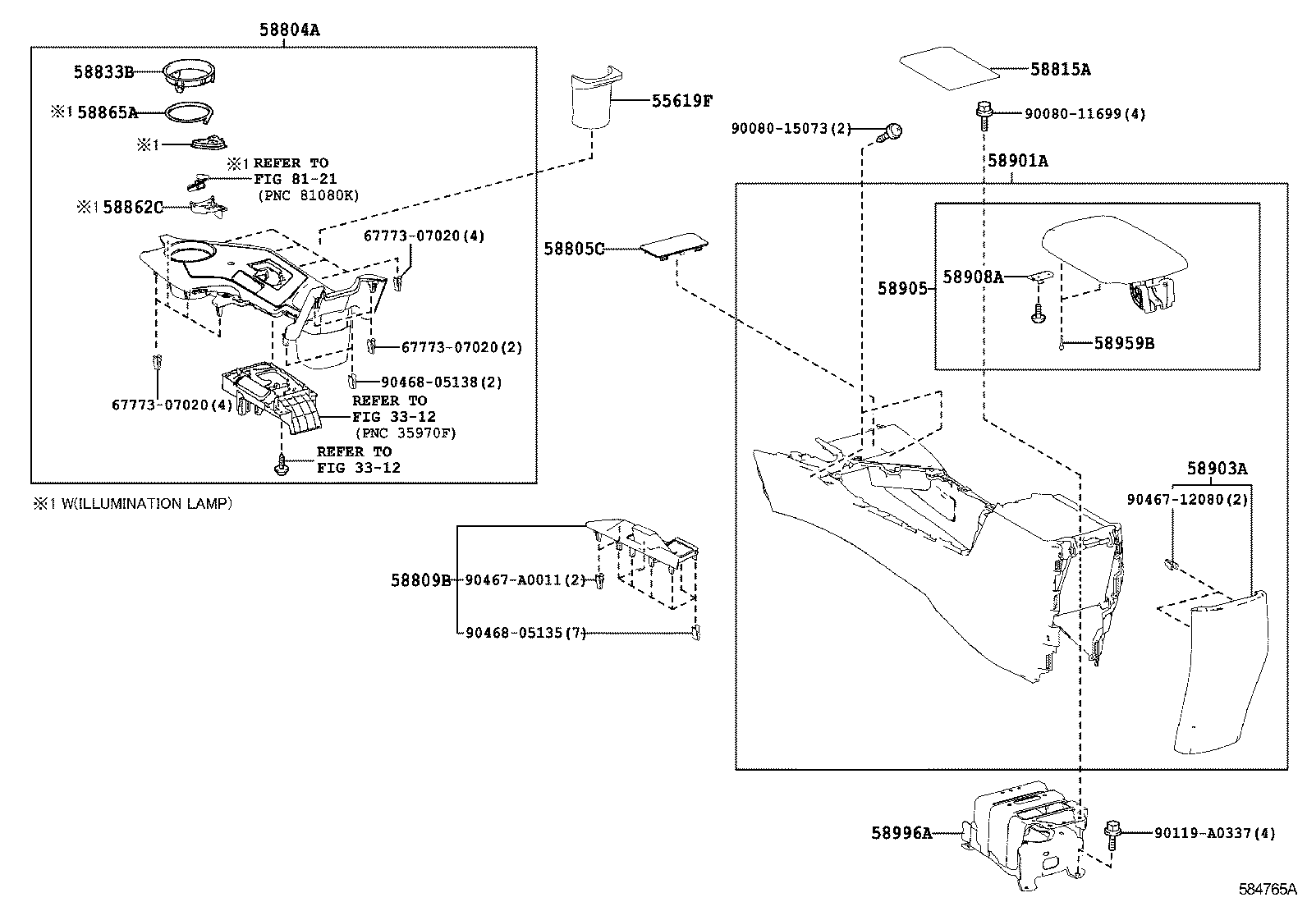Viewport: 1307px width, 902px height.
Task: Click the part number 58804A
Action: point(290,30)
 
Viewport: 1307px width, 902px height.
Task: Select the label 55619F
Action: point(681,101)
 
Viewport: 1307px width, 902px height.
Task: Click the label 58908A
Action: point(973,277)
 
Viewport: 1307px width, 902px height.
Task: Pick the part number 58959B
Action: point(1124,343)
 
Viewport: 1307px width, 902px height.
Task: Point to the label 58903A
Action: point(1218,468)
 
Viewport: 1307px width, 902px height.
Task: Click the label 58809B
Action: point(420,580)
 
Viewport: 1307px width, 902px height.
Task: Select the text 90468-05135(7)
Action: point(525,633)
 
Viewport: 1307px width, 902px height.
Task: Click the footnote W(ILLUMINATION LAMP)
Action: point(146,503)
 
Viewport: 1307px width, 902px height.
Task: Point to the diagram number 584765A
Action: point(1268,889)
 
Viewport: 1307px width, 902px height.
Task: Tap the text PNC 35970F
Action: point(406,433)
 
